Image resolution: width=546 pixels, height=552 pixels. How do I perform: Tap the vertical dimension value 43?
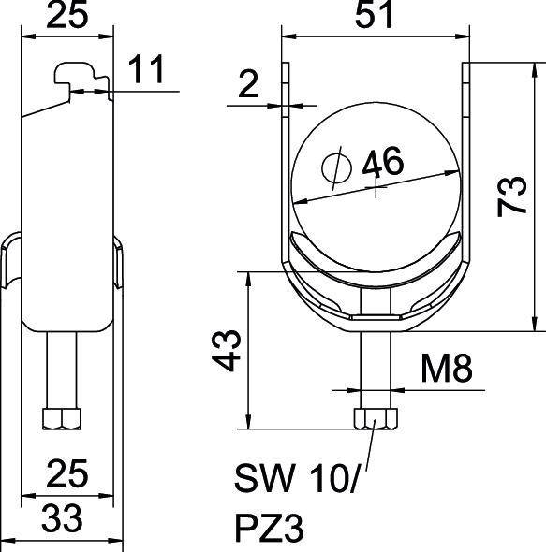pyautogui.click(x=229, y=350)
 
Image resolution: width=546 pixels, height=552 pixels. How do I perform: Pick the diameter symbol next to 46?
pyautogui.click(x=335, y=168)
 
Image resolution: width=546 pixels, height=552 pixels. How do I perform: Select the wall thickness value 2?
pyautogui.click(x=247, y=86)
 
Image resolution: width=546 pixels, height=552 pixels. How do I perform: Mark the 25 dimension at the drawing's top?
pyautogui.click(x=66, y=18)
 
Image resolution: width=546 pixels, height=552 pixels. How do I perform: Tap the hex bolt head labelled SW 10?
pyautogui.click(x=375, y=418)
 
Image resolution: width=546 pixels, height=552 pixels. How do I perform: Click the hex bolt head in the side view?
pyautogui.click(x=63, y=418)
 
